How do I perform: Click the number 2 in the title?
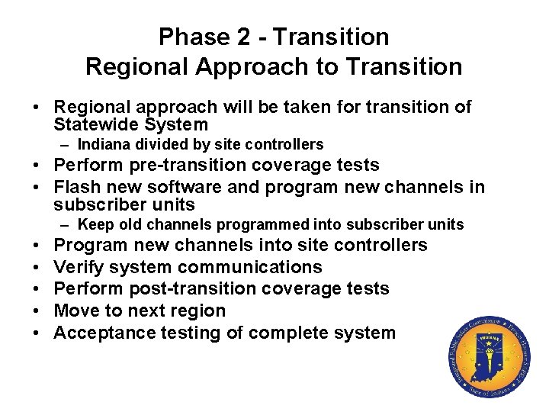pos(242,37)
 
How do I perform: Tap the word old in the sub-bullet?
pos(127,224)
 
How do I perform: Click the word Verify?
pos(79,267)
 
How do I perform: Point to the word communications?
pos(250,267)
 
